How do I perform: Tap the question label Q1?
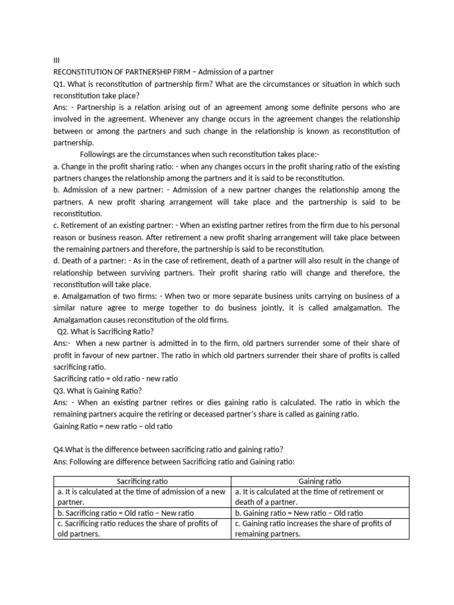coord(59,84)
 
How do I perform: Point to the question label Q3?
coord(60,391)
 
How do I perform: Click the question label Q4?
coord(60,450)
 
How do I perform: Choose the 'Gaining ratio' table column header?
coord(320,482)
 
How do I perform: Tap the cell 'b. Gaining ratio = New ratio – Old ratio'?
coord(299,513)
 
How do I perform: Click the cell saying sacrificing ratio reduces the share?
coord(141,528)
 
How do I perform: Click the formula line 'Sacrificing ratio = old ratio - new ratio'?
coord(116,379)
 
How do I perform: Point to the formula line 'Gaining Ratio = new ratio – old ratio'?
coord(113,426)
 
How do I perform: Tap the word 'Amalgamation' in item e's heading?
coord(83,296)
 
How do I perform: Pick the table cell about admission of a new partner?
coord(141,497)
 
